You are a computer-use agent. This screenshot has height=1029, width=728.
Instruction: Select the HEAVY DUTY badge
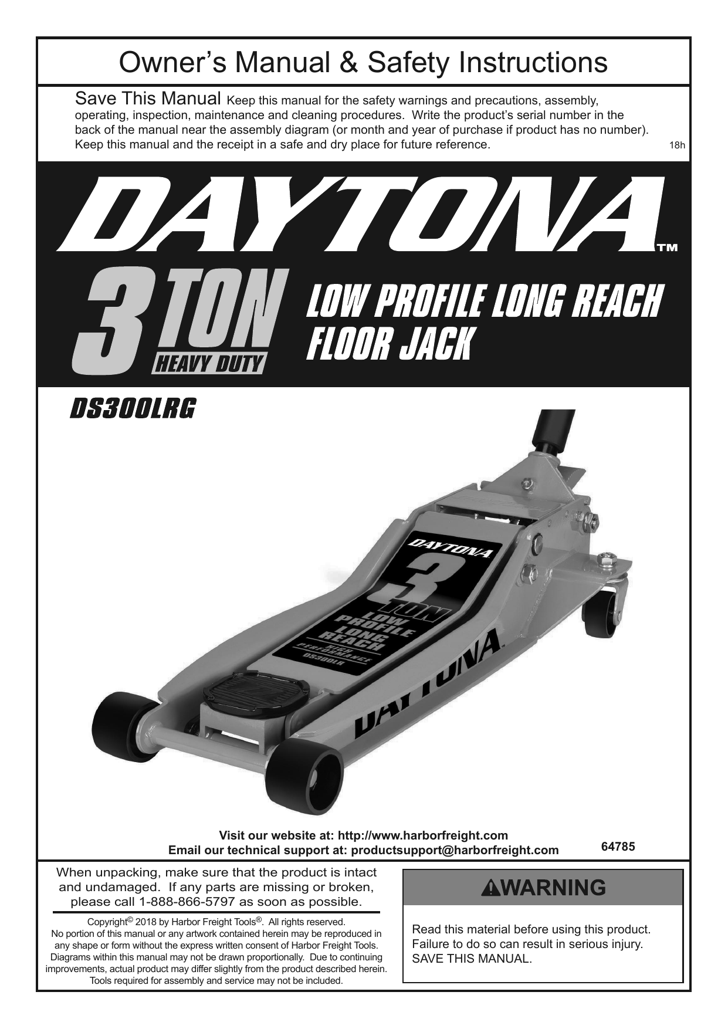point(208,365)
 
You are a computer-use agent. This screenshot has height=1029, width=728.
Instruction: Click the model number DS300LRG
point(133,409)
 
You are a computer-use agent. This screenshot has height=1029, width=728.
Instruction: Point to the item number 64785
point(618,847)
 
